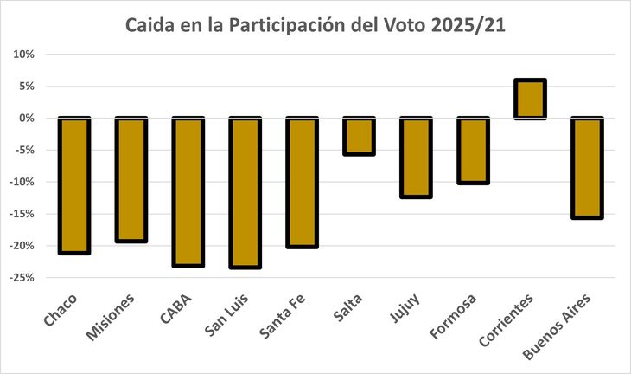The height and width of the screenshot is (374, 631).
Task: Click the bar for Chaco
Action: pos(74,185)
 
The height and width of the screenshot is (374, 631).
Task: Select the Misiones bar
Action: pos(131,179)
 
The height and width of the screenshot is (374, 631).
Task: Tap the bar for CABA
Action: pos(188,191)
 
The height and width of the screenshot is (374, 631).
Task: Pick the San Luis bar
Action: pos(245,192)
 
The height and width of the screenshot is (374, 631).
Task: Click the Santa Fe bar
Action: pos(302,182)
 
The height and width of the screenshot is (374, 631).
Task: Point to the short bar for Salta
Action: pos(359,136)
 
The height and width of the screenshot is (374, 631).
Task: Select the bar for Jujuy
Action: pos(416,158)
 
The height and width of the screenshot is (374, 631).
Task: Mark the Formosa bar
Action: pos(473,151)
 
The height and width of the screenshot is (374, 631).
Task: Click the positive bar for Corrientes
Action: pos(530,99)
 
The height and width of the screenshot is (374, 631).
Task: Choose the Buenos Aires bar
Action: pos(587,167)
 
